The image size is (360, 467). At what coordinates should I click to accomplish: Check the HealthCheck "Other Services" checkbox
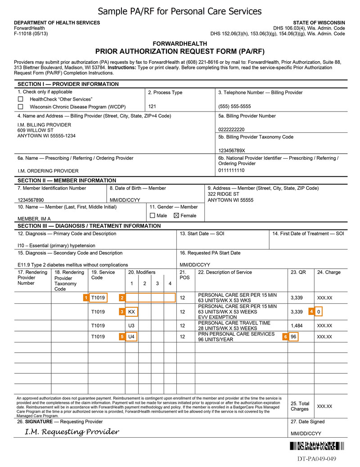20,99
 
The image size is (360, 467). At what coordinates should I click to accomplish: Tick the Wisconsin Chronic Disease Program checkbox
20,107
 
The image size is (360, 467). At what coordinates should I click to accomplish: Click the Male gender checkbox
153,216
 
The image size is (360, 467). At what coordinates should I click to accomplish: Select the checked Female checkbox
176,216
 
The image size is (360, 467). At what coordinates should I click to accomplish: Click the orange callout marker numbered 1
85,297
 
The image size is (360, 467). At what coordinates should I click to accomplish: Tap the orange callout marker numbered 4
311,311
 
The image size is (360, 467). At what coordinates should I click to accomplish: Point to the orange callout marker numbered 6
285,337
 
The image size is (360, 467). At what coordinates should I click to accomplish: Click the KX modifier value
131,311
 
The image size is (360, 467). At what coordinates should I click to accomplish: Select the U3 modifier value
131,325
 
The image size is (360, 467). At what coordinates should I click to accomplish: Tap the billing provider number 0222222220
232,130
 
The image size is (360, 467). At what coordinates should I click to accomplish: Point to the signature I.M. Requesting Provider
72,432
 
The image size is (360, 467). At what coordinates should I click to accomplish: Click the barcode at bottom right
316,447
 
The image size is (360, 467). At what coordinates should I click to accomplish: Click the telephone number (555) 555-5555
234,107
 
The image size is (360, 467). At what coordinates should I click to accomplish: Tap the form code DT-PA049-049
316,459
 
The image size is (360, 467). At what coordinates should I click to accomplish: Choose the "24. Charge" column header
329,272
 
